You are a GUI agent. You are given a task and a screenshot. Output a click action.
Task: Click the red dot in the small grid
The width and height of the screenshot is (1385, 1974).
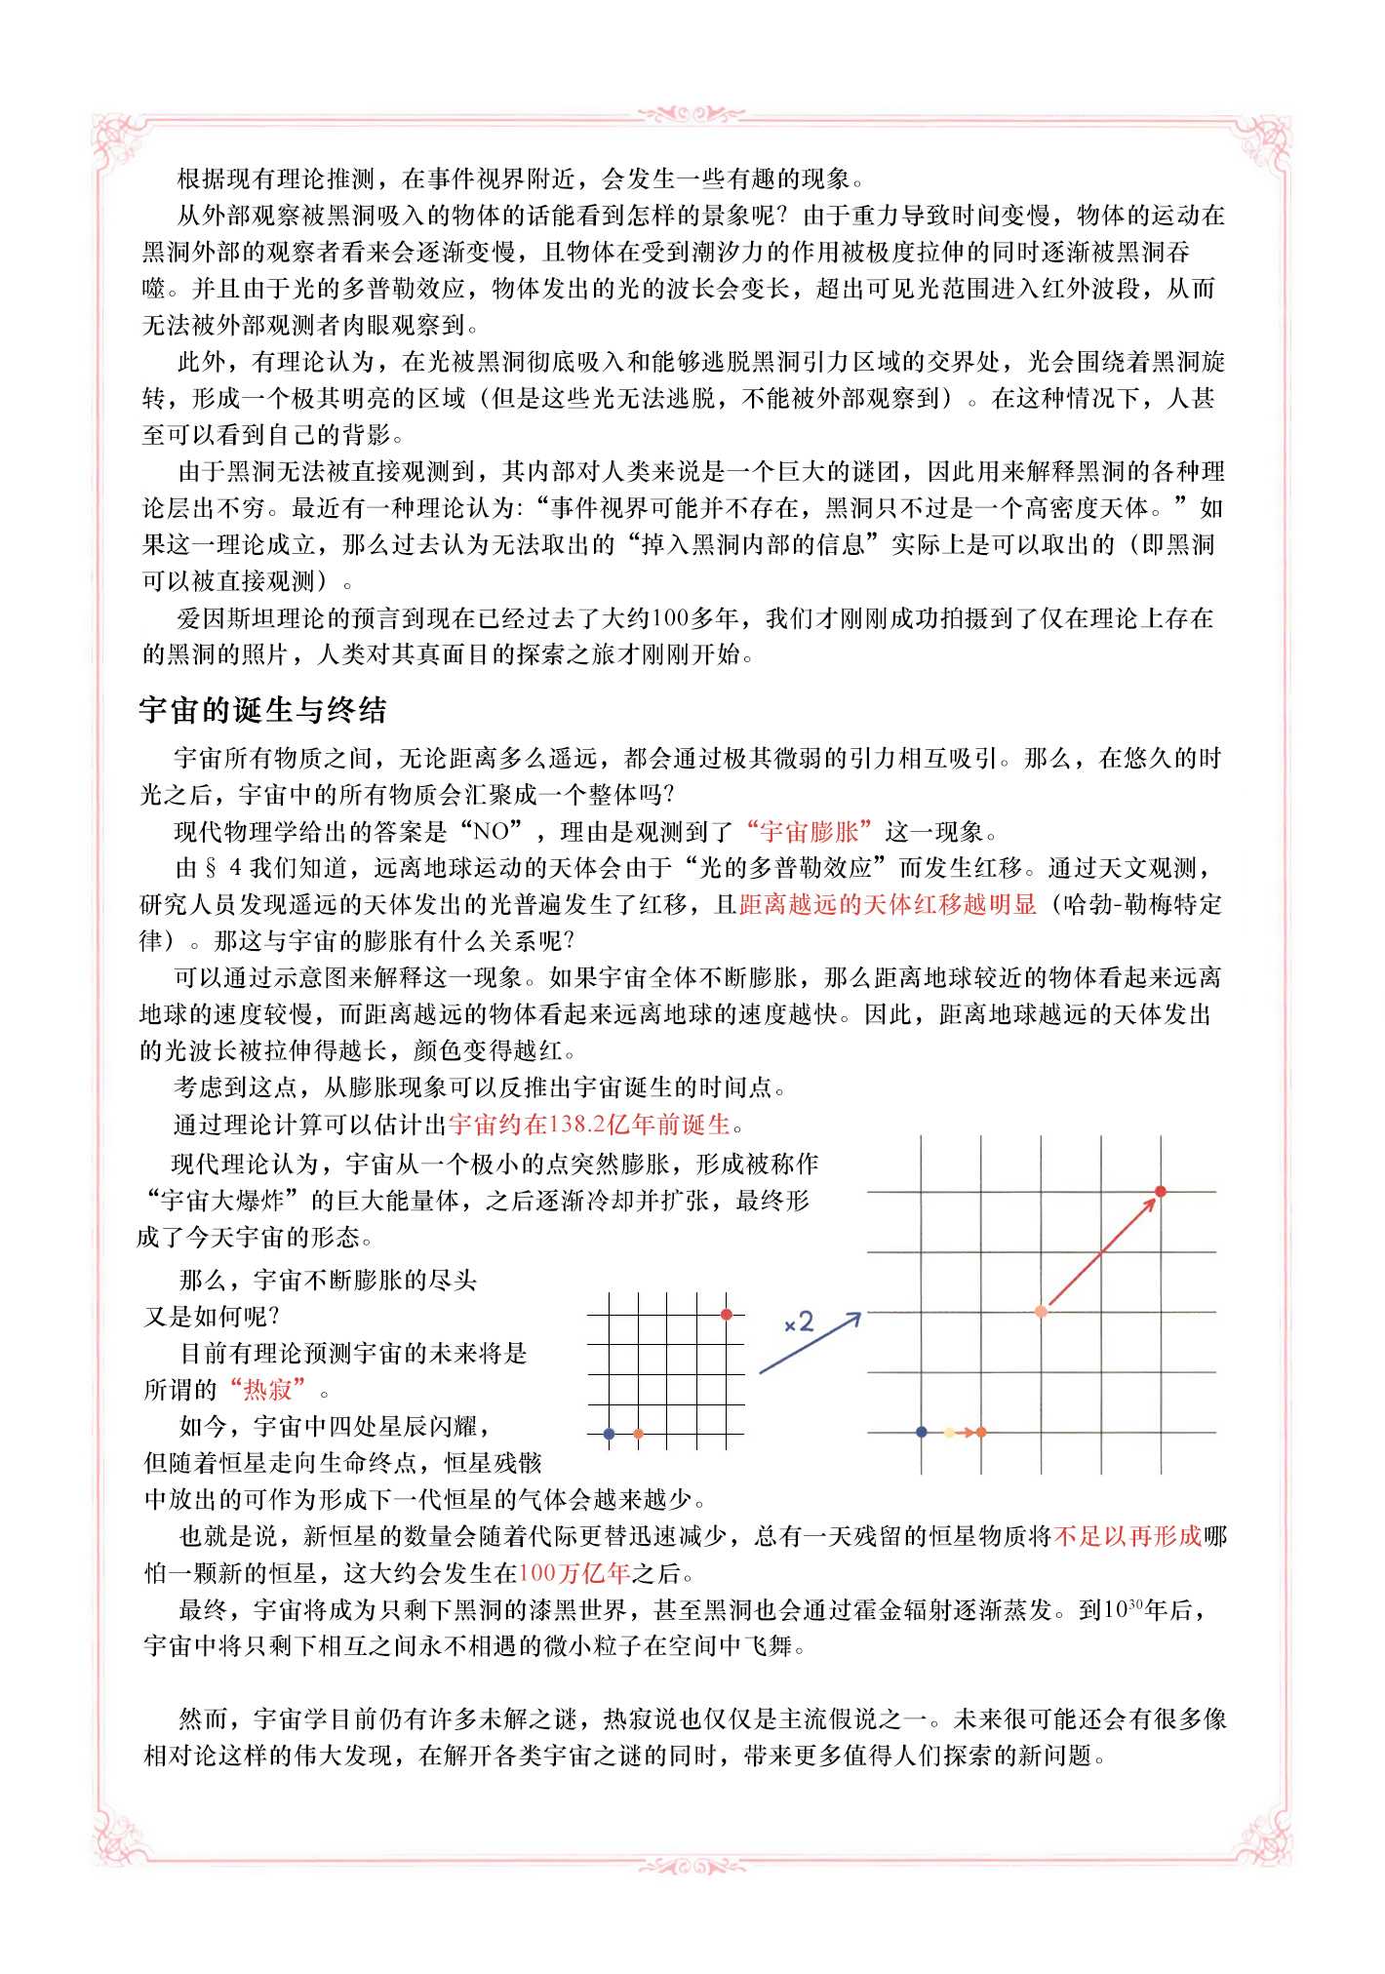point(727,1315)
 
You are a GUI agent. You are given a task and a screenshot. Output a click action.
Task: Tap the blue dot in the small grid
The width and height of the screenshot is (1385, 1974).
point(609,1434)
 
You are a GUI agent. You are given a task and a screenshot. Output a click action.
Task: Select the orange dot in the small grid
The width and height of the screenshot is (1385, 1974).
point(638,1434)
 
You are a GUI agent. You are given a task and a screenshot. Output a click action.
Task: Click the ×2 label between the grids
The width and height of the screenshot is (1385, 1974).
point(798,1323)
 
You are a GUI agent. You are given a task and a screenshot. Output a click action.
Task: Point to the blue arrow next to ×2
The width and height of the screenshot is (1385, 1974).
point(810,1344)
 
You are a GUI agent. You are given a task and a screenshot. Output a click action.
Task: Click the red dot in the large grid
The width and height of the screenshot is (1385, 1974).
point(1161,1191)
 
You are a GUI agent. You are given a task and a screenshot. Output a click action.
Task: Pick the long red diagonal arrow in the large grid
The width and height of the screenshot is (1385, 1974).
point(1100,1251)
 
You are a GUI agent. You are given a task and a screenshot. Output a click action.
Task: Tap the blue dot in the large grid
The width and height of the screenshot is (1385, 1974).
point(922,1432)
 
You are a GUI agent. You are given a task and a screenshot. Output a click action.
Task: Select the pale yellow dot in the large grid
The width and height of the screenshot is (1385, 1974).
point(949,1432)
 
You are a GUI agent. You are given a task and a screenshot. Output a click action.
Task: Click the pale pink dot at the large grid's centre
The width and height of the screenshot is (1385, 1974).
point(1041,1312)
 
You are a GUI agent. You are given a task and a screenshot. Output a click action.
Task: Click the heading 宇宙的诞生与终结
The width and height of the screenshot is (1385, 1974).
point(263,709)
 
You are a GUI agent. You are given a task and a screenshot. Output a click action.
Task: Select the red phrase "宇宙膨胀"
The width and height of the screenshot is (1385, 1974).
point(809,831)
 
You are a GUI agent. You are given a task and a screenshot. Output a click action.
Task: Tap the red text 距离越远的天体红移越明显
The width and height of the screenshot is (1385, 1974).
point(887,904)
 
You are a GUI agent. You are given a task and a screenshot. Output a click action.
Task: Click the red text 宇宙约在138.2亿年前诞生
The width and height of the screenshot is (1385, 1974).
point(589,1124)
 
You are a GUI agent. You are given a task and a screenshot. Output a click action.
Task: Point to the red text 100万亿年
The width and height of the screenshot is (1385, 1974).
point(574,1573)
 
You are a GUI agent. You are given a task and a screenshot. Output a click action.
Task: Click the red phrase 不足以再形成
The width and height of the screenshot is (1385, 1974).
point(1128,1537)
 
